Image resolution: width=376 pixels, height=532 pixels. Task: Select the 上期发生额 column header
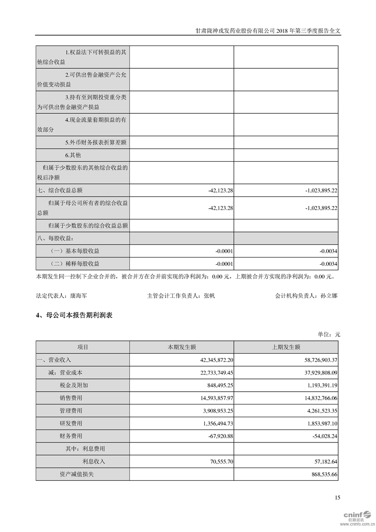pos(286,348)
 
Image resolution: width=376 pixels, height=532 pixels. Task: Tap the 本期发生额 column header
pos(182,348)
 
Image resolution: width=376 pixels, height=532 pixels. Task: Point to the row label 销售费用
pos(71,398)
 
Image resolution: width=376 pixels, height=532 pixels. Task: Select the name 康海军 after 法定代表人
pos(78,295)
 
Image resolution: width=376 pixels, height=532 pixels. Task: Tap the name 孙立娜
pos(329,295)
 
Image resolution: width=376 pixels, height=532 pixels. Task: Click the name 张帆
pos(209,295)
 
